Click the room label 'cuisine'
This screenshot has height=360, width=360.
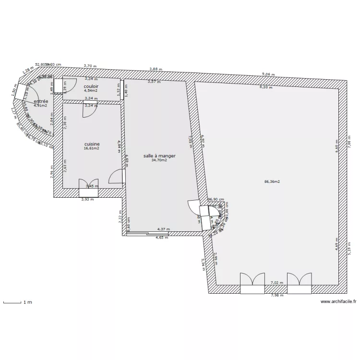pyautogui.click(x=92, y=144)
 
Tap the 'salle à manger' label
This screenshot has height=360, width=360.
pyautogui.click(x=159, y=156)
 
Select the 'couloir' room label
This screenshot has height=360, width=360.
pyautogui.click(x=91, y=86)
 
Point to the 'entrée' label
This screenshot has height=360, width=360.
pyautogui.click(x=41, y=101)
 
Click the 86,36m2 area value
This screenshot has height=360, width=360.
pyautogui.click(x=272, y=182)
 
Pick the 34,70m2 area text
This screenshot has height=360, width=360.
pyautogui.click(x=159, y=160)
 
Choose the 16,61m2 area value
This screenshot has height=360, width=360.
pyautogui.click(x=91, y=148)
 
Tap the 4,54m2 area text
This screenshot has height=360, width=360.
pyautogui.click(x=91, y=90)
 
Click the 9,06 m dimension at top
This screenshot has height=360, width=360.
pyautogui.click(x=268, y=74)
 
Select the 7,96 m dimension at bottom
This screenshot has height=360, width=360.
pyautogui.click(x=277, y=296)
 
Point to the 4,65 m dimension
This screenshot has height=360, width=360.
pyautogui.click(x=162, y=237)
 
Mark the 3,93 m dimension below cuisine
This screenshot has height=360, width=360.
pyautogui.click(x=87, y=199)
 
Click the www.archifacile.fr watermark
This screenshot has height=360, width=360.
pyautogui.click(x=338, y=302)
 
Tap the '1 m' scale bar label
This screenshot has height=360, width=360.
pyautogui.click(x=27, y=302)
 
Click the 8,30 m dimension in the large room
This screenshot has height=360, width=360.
pyautogui.click(x=266, y=87)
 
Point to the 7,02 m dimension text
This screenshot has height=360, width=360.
pyautogui.click(x=277, y=283)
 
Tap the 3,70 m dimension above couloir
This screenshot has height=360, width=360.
pyautogui.click(x=90, y=66)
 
